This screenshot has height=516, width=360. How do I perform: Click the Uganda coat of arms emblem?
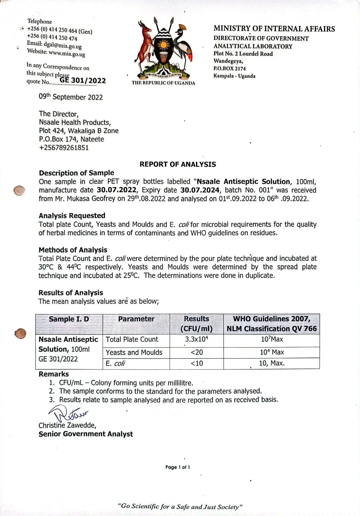coord(163,48)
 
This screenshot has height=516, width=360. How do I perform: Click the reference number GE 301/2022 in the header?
coord(83,80)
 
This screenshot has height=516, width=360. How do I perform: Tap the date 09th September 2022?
coord(71,97)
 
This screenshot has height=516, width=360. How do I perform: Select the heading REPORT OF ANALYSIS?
coord(178,164)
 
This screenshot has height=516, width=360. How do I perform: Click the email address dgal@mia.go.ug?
coord(63,45)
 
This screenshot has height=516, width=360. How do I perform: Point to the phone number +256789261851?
coord(64,148)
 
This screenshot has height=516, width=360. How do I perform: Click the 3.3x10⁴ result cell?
coord(196,339)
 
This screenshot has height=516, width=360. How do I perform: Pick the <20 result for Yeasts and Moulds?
coord(197,352)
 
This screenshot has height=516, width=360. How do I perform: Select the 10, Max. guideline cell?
coord(272,363)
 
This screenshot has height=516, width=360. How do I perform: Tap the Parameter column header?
coord(136,319)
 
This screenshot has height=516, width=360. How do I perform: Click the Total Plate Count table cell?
coord(132,339)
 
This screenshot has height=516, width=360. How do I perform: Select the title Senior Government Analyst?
coord(86,434)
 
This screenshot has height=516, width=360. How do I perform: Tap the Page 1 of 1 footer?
coord(178,467)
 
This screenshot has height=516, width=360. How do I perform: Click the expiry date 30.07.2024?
coord(200,190)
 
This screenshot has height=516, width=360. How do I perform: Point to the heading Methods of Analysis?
coord(73,250)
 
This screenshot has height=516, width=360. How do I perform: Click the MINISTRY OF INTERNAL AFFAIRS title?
coord(274,29)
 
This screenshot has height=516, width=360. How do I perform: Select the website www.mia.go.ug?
coord(67,53)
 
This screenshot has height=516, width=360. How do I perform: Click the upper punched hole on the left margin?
coord(19,191)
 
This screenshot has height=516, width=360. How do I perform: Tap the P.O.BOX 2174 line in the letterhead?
coord(230,69)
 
